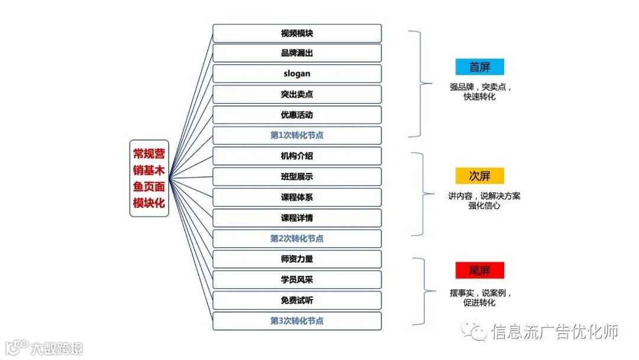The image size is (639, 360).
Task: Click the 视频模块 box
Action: [x=297, y=33]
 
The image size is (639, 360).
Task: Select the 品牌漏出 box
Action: [x=297, y=53]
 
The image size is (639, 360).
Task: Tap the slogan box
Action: [x=297, y=74]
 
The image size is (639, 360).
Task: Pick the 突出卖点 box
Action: [x=297, y=94]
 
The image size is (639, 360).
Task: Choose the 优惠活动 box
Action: [x=297, y=115]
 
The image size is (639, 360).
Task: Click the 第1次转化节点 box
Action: [x=297, y=136]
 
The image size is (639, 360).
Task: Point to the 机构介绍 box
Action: [x=297, y=156]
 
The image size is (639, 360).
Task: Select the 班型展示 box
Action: [x=297, y=176]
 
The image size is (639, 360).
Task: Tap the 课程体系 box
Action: [x=297, y=197]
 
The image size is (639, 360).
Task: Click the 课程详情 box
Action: [x=297, y=218]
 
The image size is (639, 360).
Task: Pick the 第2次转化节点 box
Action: [x=297, y=239]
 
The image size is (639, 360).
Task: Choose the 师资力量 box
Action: [x=297, y=259]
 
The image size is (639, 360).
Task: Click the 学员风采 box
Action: [x=297, y=279]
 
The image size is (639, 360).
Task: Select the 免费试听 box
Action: [x=297, y=300]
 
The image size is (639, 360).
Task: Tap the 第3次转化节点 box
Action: [x=297, y=321]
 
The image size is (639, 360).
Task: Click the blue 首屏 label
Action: [x=480, y=66]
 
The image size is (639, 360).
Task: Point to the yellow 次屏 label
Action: [x=480, y=176]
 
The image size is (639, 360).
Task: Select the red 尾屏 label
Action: [x=480, y=271]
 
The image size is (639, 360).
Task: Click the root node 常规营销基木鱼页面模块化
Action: [x=149, y=178]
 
